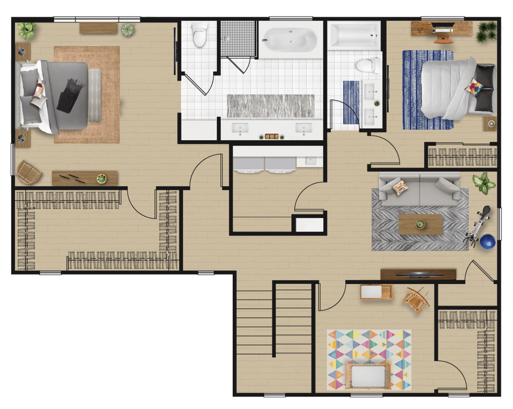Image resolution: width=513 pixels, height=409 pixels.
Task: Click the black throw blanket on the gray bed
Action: [x=70, y=95]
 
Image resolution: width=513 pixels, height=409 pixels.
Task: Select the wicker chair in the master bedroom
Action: [x=29, y=172]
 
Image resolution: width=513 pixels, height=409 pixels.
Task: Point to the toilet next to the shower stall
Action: [x=198, y=36]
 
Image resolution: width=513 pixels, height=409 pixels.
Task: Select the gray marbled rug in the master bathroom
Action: [x=270, y=105]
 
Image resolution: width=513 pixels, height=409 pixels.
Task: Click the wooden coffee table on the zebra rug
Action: [x=420, y=224]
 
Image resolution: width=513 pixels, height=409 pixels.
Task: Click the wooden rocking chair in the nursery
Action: [x=416, y=299]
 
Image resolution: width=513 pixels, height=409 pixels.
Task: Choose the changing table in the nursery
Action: [x=376, y=292]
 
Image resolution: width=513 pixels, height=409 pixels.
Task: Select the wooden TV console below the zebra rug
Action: [x=418, y=275]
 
